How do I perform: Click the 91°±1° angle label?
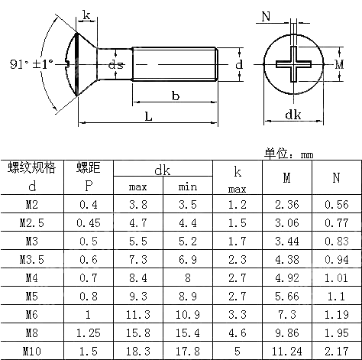pos(25,63)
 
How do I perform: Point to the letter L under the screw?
pos(147,117)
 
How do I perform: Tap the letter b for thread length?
pos(175,96)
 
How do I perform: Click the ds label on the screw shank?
pos(116,65)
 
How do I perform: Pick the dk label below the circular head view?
pos(292,115)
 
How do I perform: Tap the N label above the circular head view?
pos(266,16)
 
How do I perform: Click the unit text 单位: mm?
pos(289,154)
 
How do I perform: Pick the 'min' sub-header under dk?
pos(187,186)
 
